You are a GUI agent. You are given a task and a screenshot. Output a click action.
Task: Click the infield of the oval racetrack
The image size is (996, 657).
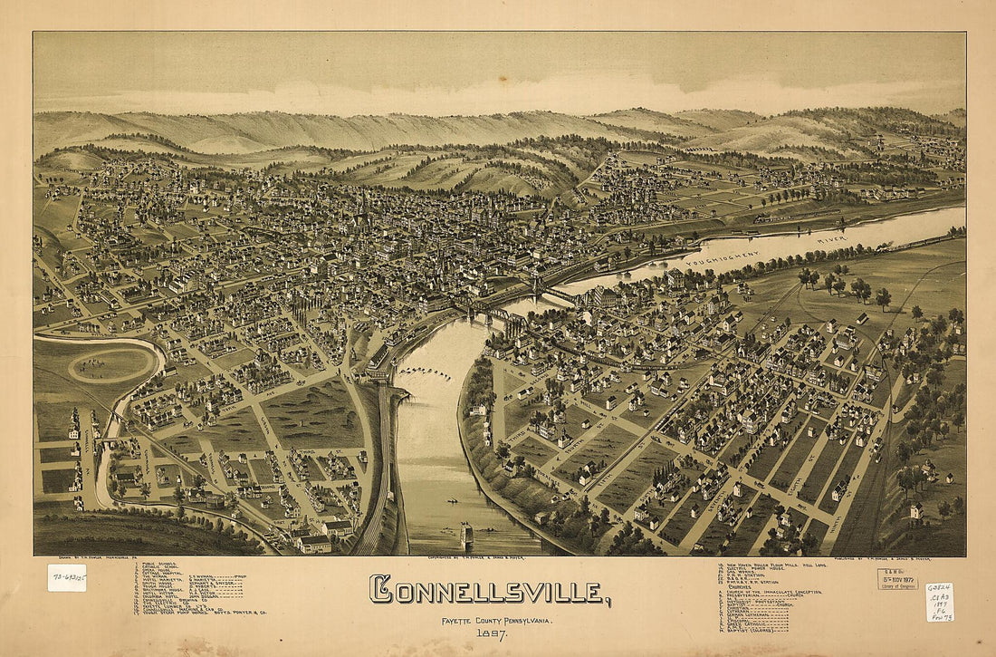(x=110, y=364)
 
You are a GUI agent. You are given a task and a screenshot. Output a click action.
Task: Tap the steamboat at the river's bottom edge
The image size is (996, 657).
(x=467, y=536)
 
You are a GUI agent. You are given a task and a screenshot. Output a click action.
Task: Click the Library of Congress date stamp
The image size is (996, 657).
(x=896, y=579)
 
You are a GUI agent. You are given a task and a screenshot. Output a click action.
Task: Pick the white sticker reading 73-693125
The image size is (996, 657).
(x=67, y=577)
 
